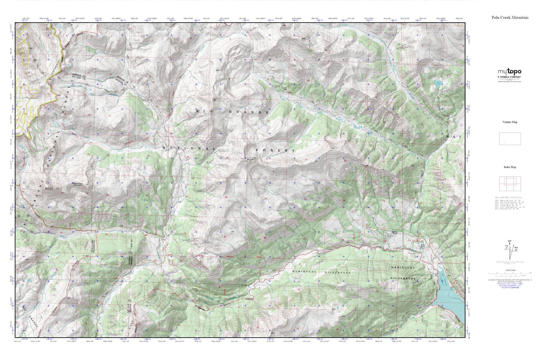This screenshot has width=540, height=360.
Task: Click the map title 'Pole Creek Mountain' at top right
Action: pyautogui.click(x=510, y=17)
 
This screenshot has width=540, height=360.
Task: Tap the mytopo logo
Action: pyautogui.click(x=509, y=72)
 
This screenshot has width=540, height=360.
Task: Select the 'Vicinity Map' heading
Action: pyautogui.click(x=510, y=122)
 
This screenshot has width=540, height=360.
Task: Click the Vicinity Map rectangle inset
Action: pyautogui.click(x=510, y=139)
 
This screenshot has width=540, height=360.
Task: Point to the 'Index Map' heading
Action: pyautogui.click(x=510, y=167)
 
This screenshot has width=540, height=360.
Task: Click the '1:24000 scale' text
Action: pyautogui.click(x=510, y=275)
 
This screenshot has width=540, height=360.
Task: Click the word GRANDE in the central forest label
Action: pyautogui.click(x=249, y=112)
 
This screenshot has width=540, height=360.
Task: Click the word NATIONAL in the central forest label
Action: pyautogui.click(x=189, y=148)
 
